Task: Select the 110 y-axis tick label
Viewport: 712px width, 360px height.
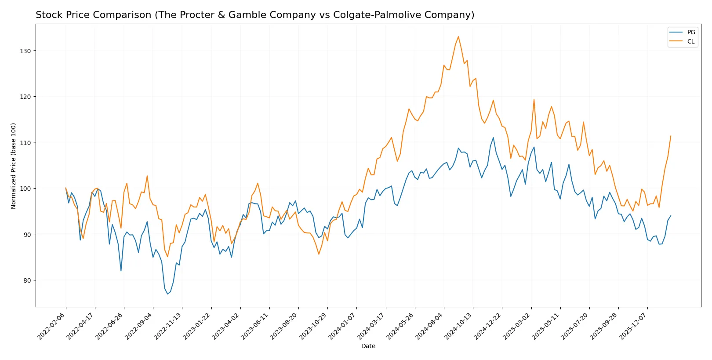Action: pos(25,143)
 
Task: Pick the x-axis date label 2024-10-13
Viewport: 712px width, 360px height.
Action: pos(460,326)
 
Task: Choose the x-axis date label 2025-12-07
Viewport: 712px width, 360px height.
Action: pos(634,326)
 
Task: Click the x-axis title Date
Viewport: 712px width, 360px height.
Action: pos(368,346)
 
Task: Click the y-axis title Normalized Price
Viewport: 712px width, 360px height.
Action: pos(14,166)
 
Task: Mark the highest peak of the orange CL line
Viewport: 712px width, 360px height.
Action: pos(458,36)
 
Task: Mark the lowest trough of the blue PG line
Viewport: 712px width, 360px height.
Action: pos(167,294)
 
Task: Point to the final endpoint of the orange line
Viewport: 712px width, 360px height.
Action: pos(671,136)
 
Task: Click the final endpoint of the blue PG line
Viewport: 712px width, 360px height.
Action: pos(671,216)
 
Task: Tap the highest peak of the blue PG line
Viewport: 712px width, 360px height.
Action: pos(493,138)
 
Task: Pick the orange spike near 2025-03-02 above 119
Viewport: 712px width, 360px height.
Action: pos(534,99)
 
